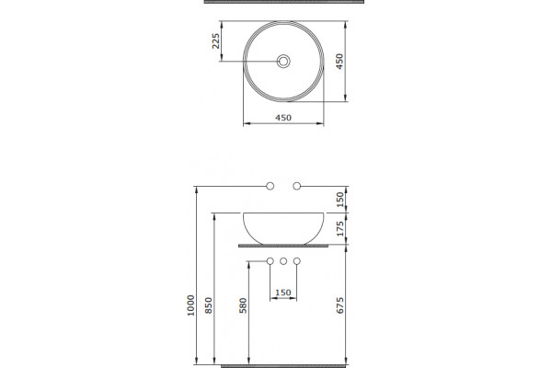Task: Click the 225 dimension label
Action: click(x=216, y=40)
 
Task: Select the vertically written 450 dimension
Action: click(x=339, y=62)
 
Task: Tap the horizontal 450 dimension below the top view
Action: click(x=283, y=118)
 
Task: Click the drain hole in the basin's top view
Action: click(x=283, y=62)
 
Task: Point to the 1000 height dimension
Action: click(x=190, y=305)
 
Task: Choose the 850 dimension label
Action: click(x=209, y=305)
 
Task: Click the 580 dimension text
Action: click(x=243, y=305)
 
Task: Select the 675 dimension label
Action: click(x=340, y=305)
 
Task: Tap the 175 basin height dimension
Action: click(x=340, y=229)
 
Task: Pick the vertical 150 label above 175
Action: click(x=340, y=200)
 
